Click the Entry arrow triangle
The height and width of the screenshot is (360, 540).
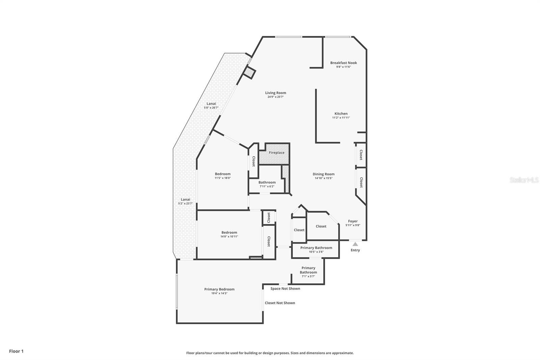355,244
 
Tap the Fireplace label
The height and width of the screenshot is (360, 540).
276,153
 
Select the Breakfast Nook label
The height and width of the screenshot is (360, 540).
343,63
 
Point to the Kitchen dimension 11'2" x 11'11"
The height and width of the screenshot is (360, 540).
341,118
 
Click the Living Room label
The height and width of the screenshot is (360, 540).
275,93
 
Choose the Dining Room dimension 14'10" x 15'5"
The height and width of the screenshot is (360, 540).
323,178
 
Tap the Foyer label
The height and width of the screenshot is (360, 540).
353,221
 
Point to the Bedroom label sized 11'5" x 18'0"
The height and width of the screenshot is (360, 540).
222,174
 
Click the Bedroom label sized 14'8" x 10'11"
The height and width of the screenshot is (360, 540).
229,232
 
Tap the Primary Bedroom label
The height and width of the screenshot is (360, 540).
219,289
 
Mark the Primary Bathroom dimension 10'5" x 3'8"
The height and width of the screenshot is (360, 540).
316,252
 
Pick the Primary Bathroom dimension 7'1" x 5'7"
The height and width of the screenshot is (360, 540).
308,276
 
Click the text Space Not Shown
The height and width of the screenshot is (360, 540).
285,289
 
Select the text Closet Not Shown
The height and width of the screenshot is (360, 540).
280,303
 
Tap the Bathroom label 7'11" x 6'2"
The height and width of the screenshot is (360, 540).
267,182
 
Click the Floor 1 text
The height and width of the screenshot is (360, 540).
16,351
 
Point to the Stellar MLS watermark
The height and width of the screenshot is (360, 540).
524,180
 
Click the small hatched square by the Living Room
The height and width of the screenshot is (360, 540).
250,73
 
